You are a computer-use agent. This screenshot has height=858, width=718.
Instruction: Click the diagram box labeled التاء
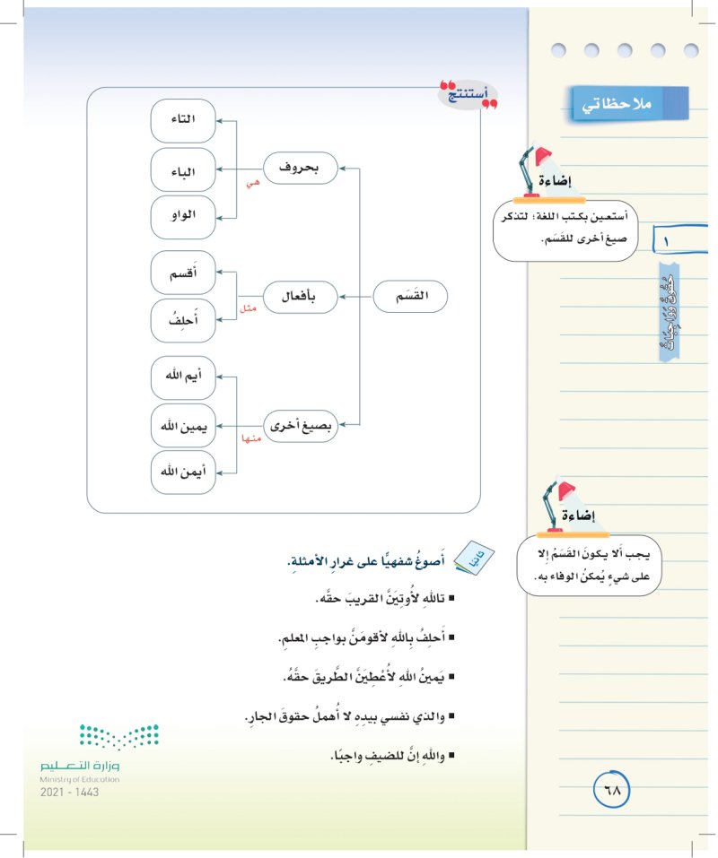point(184,120)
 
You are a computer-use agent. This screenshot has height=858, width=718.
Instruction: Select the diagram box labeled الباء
point(184,169)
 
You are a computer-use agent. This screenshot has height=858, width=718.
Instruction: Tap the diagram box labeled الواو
point(184,217)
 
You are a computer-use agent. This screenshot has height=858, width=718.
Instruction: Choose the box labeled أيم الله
point(184,377)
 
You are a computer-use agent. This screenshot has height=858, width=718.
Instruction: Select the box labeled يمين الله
point(184,426)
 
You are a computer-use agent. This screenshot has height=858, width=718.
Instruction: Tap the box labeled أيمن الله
point(184,473)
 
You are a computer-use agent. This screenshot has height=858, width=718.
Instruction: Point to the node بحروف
point(300,168)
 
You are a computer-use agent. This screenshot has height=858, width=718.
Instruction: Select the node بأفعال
point(300,295)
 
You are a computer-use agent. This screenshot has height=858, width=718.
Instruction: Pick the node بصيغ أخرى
point(300,424)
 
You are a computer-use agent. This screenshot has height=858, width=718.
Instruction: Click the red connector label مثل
point(249,308)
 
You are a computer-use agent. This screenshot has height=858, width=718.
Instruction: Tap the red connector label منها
point(250,438)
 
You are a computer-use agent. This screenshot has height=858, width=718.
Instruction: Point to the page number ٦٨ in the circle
point(613,791)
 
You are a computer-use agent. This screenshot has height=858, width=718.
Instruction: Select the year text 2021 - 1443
point(70,793)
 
